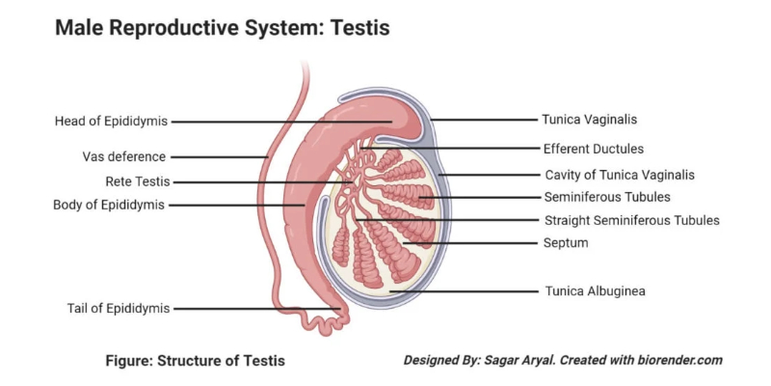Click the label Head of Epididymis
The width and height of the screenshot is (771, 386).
(111, 122)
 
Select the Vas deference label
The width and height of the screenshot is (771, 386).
(123, 156)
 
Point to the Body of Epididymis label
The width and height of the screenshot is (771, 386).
(109, 205)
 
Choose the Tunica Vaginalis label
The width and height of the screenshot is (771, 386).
(590, 121)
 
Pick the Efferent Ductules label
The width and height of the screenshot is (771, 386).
(593, 149)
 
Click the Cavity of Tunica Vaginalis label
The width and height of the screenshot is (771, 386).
(619, 176)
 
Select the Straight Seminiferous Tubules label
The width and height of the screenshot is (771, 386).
(631, 220)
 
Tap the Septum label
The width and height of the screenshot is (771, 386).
(566, 243)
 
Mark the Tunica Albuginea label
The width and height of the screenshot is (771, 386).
(595, 289)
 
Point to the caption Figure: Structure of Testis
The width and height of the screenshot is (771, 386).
(196, 361)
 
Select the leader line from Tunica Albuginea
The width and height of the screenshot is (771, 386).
(463, 289)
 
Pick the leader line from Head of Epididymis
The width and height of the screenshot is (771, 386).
(279, 122)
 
